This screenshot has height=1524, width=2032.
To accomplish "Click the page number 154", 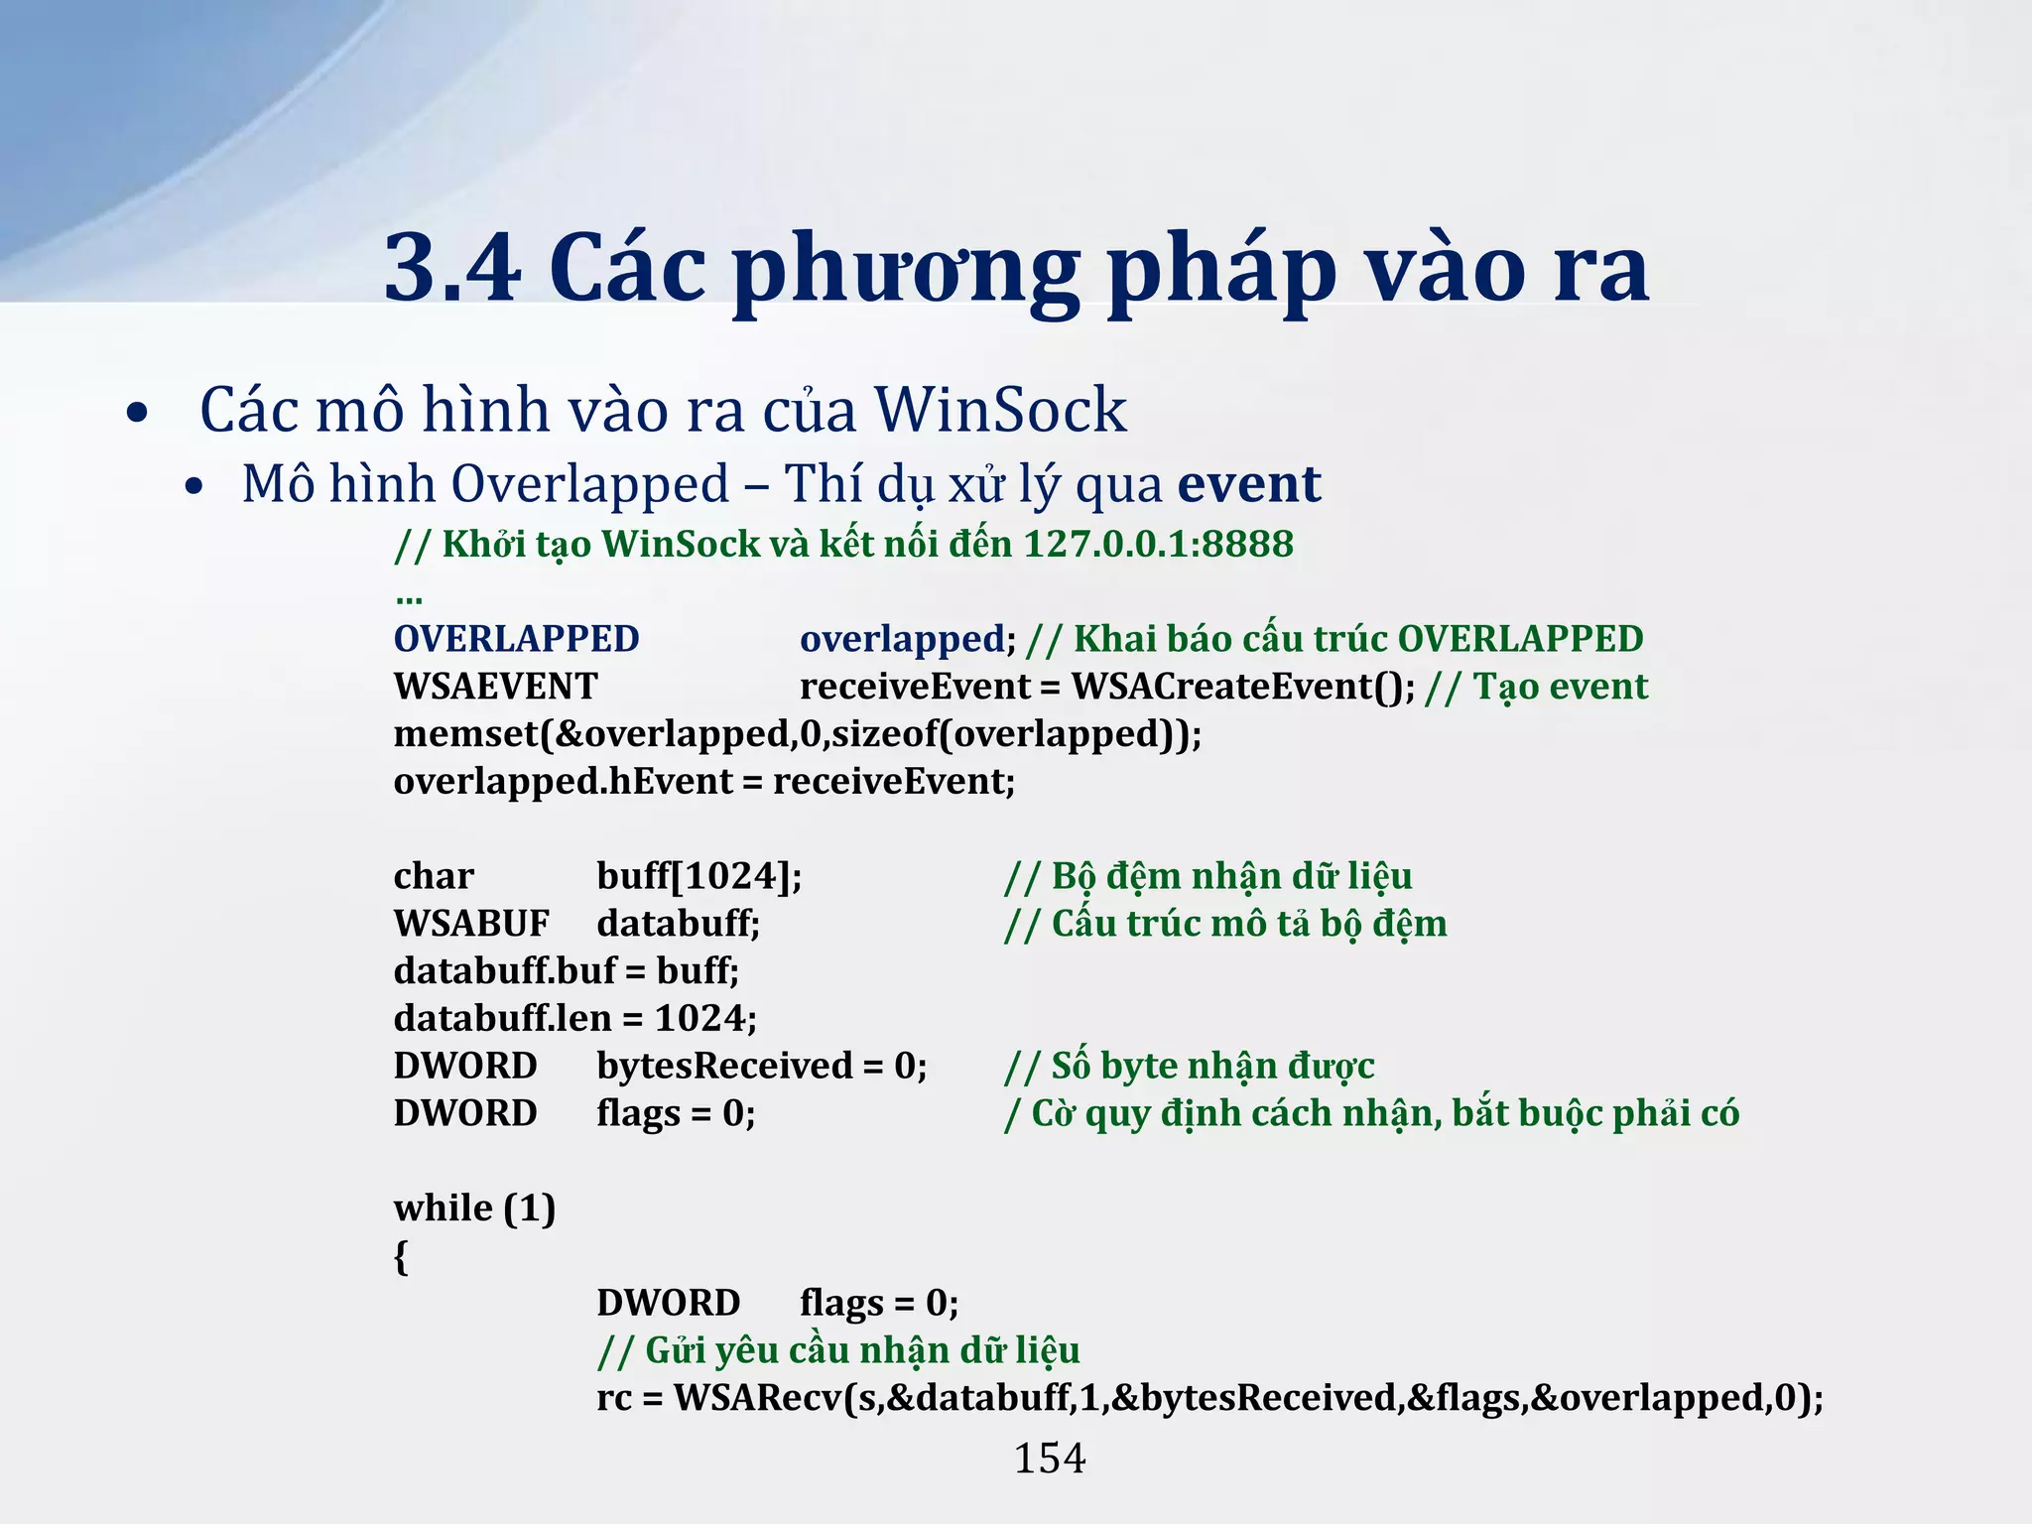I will click(1050, 1459).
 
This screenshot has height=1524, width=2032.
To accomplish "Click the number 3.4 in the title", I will click(452, 268).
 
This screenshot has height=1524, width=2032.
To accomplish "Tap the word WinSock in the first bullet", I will click(1000, 410).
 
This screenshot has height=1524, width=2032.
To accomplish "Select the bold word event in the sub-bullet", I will click(1249, 484).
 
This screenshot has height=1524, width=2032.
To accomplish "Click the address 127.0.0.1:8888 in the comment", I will click(1158, 544).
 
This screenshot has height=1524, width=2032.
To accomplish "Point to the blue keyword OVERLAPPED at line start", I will click(517, 639).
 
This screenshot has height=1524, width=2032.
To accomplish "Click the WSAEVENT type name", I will click(496, 687).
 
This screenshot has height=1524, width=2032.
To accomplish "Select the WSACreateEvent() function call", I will click(1243, 687).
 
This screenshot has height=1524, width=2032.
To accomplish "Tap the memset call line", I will click(798, 734).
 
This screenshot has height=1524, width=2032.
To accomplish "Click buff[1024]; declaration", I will click(699, 876).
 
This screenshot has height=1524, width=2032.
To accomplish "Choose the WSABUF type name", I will click(471, 924).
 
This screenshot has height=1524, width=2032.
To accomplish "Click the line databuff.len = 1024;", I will click(575, 1018).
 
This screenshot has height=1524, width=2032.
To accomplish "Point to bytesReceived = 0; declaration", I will click(762, 1066).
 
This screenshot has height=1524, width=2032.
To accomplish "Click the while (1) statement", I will click(474, 1208).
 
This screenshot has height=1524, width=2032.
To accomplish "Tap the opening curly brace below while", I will click(401, 1257).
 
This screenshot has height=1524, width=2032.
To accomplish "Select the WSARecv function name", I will click(757, 1398).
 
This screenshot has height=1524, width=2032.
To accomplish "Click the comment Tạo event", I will click(1560, 687).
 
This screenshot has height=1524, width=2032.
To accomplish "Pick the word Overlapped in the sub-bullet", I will click(590, 484).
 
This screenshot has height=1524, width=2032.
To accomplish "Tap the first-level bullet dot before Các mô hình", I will click(137, 413).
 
